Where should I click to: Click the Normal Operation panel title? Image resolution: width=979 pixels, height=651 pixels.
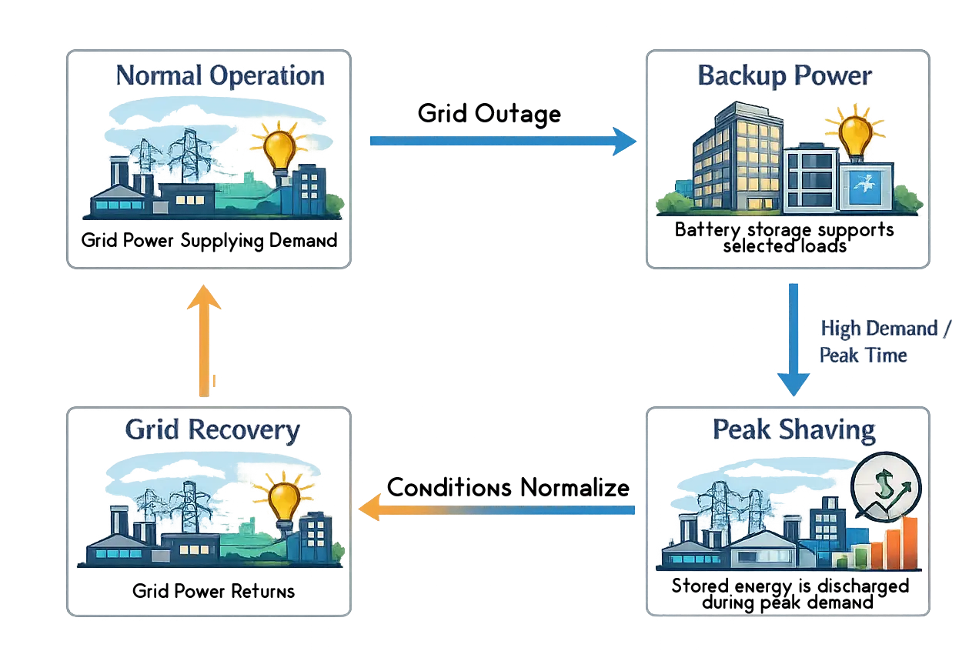tap(220, 76)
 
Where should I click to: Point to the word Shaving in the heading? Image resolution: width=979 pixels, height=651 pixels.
tap(830, 431)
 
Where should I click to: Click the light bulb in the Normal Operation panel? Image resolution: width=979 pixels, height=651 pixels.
tap(279, 148)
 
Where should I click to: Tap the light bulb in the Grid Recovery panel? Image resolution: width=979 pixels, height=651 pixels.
tap(284, 501)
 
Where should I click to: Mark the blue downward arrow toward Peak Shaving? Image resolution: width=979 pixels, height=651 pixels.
tap(793, 339)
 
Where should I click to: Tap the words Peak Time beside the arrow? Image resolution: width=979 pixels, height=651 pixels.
tap(863, 356)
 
